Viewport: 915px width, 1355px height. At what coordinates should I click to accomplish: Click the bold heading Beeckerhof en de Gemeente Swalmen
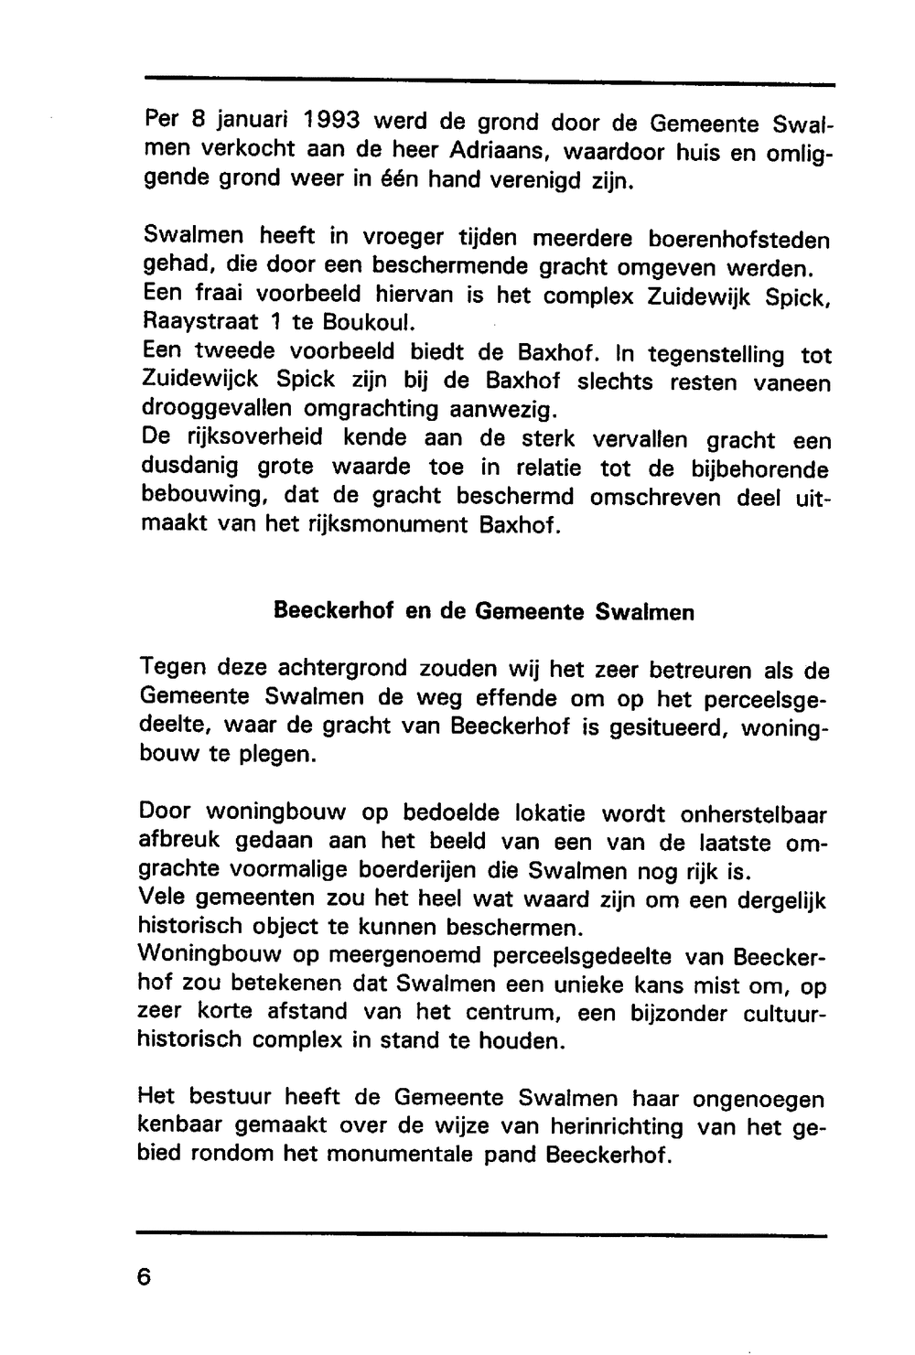point(484,611)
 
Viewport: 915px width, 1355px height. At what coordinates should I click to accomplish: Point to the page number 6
point(144,1276)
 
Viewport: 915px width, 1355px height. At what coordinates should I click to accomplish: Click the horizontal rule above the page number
point(481,1234)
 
